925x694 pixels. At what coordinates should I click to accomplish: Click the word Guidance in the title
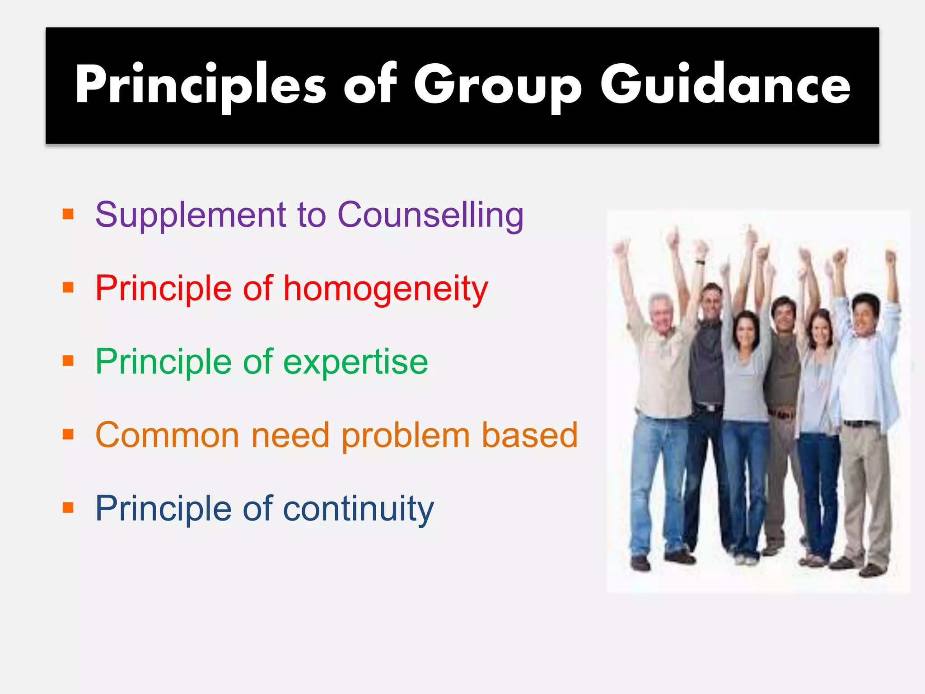[725, 85]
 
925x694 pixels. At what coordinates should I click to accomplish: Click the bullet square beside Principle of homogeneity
[68, 287]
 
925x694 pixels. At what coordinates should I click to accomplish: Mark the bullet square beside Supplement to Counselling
[68, 214]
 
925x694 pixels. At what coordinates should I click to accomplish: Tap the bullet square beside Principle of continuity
[68, 508]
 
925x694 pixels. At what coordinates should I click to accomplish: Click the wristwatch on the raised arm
[700, 262]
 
